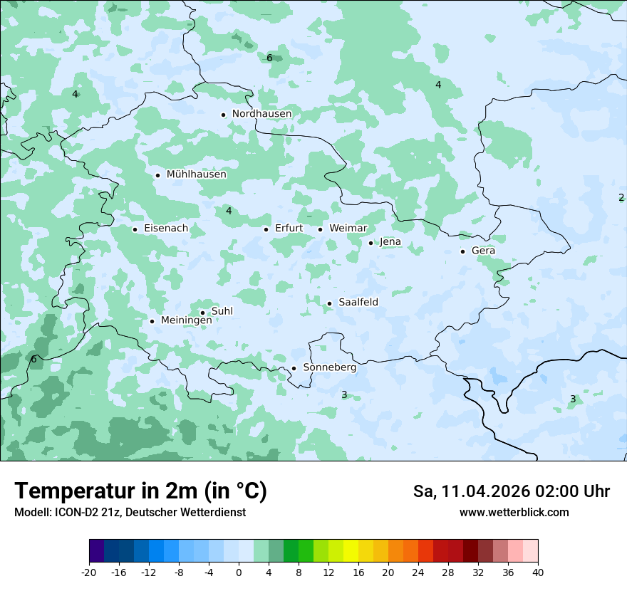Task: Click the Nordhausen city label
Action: (261, 114)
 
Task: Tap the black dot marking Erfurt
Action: (266, 229)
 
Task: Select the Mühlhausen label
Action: (196, 174)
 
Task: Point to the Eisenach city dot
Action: (135, 229)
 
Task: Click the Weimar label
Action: (348, 229)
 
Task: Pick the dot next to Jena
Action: (370, 243)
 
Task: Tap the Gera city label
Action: (483, 251)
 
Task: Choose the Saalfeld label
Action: (358, 303)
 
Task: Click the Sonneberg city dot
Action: (294, 369)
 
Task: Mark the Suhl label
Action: (222, 311)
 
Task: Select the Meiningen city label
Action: (186, 320)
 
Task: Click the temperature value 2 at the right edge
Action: (621, 197)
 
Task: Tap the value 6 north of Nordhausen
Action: (269, 58)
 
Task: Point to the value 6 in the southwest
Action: (33, 359)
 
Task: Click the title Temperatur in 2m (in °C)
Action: (140, 491)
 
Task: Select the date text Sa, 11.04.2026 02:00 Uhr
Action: (511, 491)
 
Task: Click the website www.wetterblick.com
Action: (514, 512)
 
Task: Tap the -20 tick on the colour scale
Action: (89, 572)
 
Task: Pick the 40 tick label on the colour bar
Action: (538, 572)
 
